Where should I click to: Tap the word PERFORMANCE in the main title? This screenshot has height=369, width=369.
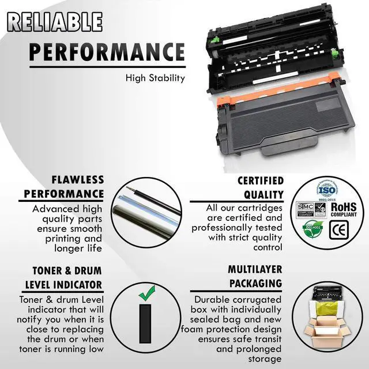[107, 51]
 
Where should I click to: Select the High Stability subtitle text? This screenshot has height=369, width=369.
[155, 78]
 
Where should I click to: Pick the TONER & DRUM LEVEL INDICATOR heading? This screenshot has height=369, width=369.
[63, 277]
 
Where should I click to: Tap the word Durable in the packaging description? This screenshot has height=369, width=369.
[214, 300]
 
